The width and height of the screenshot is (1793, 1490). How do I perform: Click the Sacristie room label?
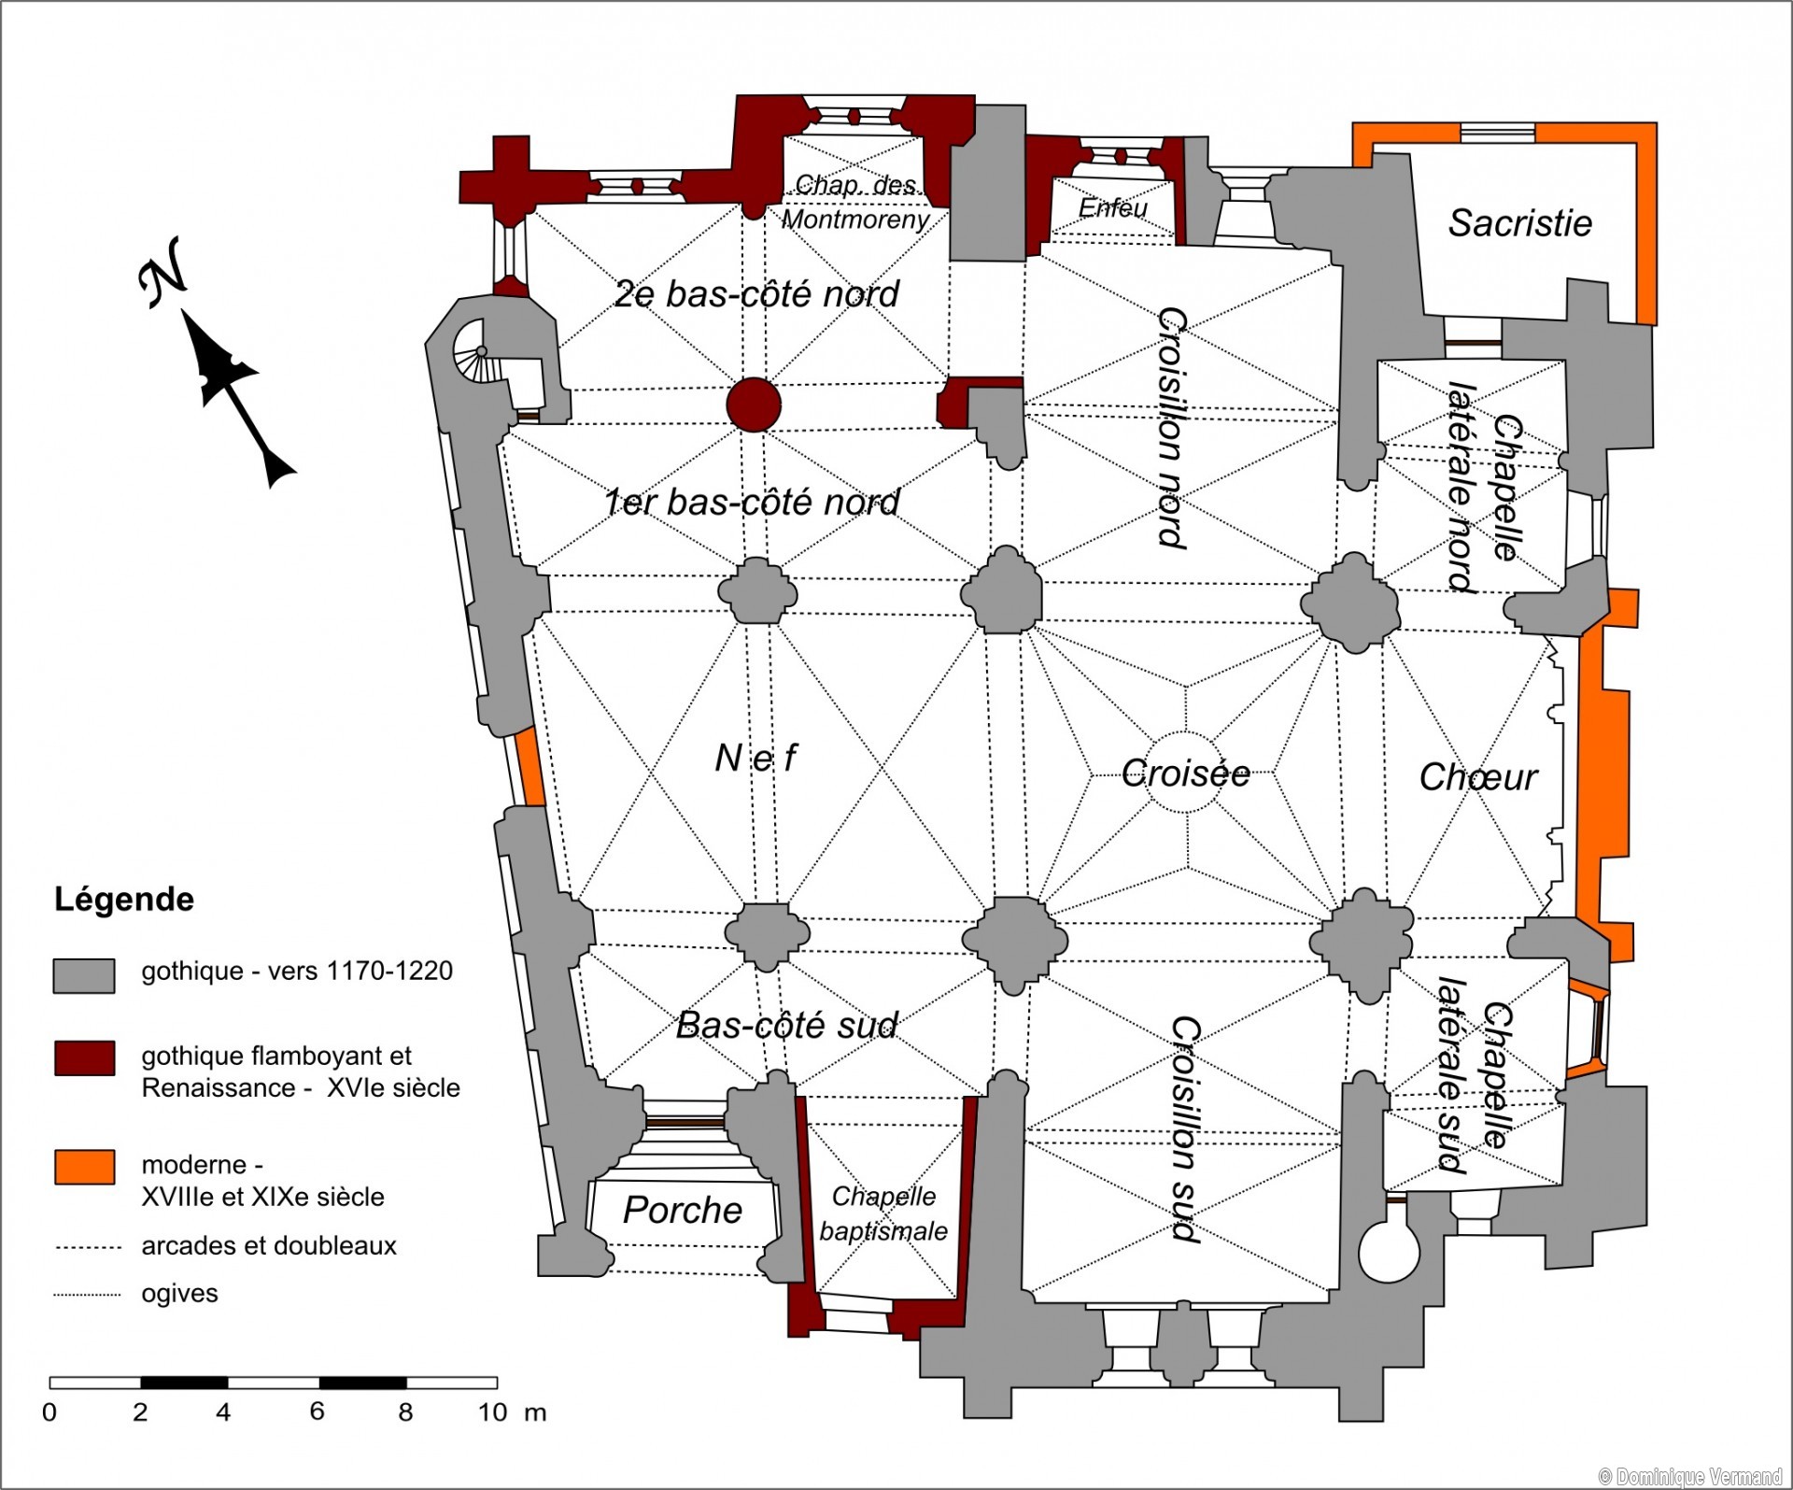click(1519, 223)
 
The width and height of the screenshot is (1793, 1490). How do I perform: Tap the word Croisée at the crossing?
click(1185, 773)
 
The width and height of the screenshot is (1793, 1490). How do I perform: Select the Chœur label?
click(1477, 777)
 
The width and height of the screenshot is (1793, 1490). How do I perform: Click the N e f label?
click(755, 758)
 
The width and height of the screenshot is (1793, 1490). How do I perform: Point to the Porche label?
click(682, 1210)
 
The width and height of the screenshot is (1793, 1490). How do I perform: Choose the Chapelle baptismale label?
click(883, 1213)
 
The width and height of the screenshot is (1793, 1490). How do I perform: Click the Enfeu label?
click(1112, 207)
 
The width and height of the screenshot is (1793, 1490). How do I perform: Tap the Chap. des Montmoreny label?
click(855, 202)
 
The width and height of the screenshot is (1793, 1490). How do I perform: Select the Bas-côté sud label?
click(786, 1025)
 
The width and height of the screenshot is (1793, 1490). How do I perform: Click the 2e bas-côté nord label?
click(755, 294)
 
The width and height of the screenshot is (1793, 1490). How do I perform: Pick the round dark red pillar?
click(754, 404)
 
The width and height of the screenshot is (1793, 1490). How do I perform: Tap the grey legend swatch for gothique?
click(84, 975)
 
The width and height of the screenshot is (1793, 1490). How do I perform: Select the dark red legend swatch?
click(84, 1058)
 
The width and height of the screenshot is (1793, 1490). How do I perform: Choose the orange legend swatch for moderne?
click(84, 1167)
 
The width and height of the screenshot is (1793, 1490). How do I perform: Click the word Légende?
click(124, 900)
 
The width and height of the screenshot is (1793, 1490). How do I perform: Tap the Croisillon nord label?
click(1172, 427)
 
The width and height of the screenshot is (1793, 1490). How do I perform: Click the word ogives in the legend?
click(179, 1294)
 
